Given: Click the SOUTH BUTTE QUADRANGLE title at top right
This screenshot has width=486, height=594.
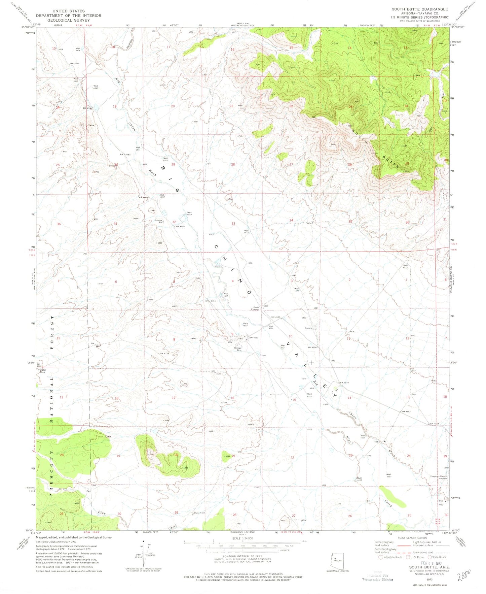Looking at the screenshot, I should point(419,9).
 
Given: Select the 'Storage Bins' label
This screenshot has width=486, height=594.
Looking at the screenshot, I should point(238,349).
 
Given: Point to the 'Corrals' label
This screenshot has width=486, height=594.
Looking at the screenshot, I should point(308,328).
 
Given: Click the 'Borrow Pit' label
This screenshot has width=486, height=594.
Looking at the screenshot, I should point(158,221).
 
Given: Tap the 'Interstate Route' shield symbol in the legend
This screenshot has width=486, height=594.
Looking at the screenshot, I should point(381,557).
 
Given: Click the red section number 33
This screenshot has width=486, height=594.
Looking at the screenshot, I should point(233,223).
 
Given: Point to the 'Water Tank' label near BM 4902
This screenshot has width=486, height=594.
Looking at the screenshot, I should point(43,371).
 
